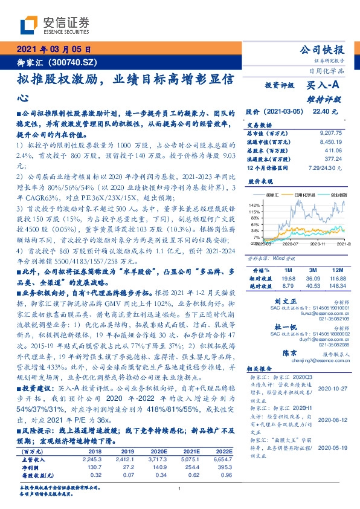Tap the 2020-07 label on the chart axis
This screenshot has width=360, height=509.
point(291,244)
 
